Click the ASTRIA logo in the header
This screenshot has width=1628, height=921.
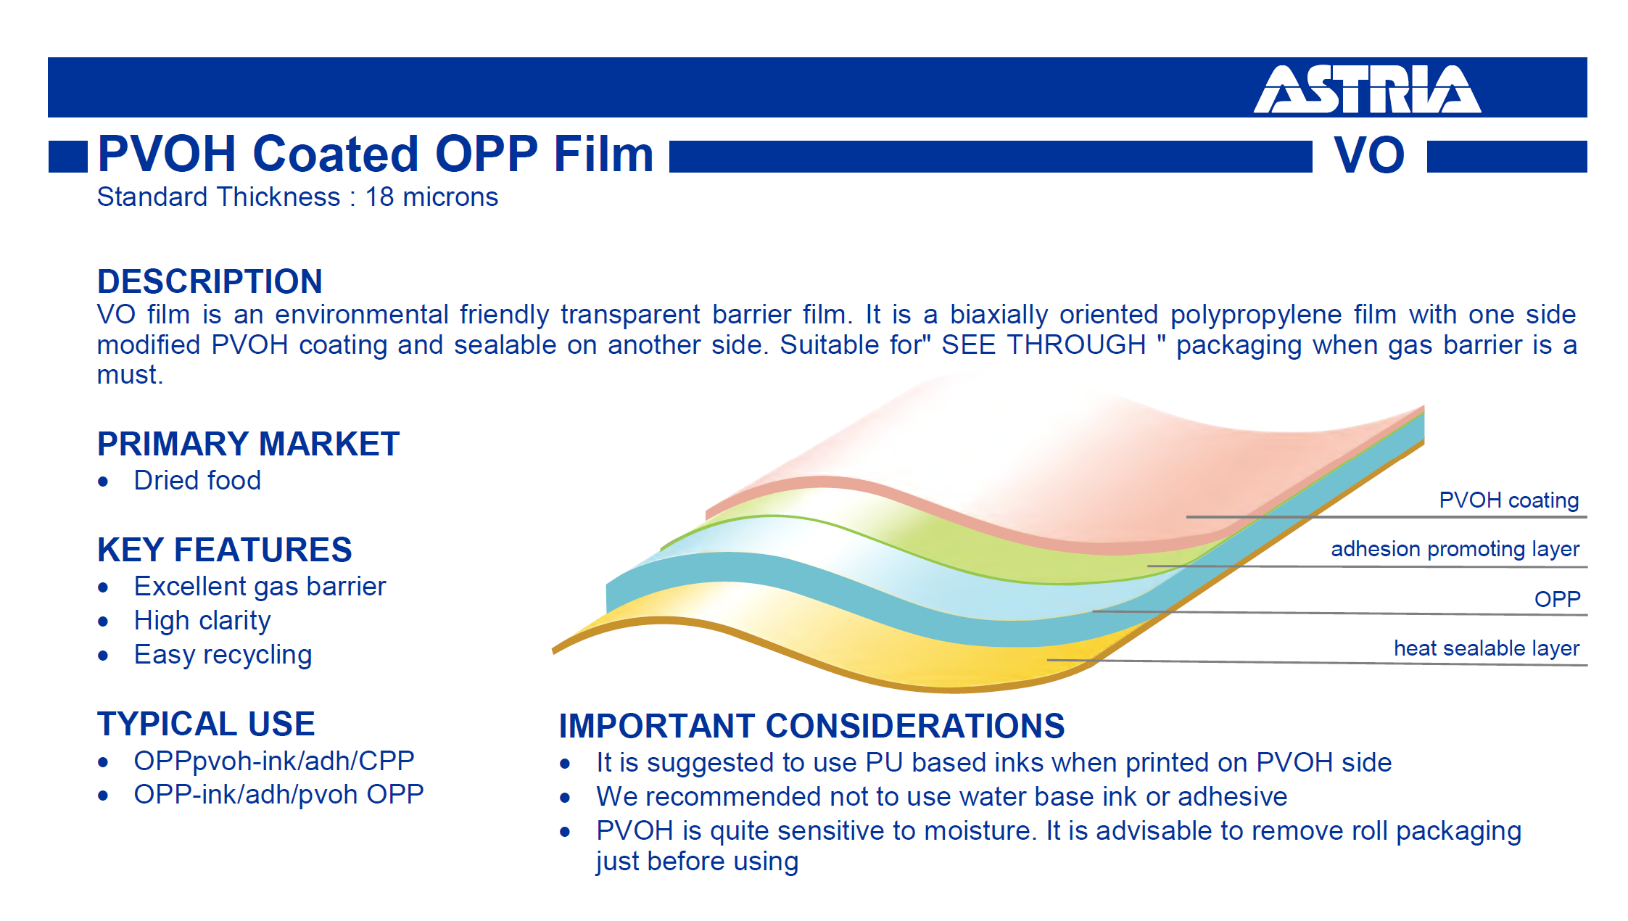[x=1367, y=89]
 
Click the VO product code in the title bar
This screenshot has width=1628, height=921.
[x=1369, y=155]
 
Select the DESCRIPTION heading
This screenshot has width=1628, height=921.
[x=210, y=281]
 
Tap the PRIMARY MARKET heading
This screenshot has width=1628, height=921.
[x=248, y=444]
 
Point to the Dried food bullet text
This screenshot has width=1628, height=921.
[x=197, y=480]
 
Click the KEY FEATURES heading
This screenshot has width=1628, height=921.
[x=225, y=550]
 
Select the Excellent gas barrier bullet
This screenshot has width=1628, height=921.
[x=260, y=587]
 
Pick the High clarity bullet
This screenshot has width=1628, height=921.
[x=202, y=621]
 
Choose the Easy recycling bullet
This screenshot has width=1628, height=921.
[x=223, y=655]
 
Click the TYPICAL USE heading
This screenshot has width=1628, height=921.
[x=206, y=724]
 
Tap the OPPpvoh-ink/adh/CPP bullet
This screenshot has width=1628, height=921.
[x=274, y=761]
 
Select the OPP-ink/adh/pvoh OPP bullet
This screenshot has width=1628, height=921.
[x=278, y=795]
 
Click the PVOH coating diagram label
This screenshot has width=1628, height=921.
[x=1508, y=500]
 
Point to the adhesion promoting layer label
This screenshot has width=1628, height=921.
[x=1455, y=549]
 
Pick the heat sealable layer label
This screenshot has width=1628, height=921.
[x=1487, y=648]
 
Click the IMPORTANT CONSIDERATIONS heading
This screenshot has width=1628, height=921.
[x=811, y=726]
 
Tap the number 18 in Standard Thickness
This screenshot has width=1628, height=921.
[x=379, y=197]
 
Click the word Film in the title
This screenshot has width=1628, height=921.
[x=603, y=154]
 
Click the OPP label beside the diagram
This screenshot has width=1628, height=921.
[x=1557, y=599]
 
